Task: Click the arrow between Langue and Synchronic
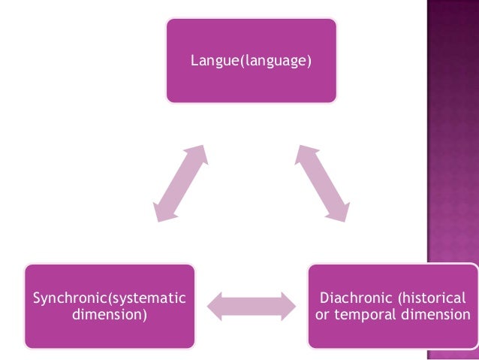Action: [179, 183]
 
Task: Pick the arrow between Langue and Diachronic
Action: [321, 183]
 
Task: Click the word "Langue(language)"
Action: [250, 59]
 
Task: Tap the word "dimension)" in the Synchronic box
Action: [110, 313]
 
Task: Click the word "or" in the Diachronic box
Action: [322, 313]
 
